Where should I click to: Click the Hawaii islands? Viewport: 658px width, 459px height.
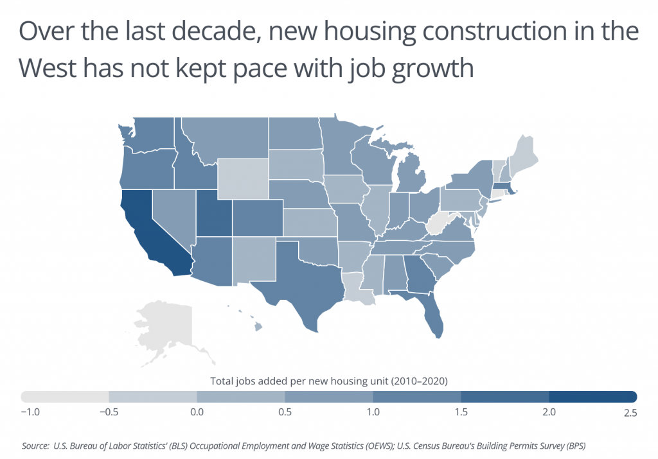click(258, 327)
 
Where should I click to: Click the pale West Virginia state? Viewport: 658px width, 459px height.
click(438, 225)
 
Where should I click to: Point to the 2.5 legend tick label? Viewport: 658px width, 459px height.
click(630, 413)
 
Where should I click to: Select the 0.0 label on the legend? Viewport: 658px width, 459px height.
click(197, 413)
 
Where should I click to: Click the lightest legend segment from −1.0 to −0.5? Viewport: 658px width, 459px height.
click(65, 395)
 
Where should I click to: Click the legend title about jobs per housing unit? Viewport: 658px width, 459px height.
click(328, 381)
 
